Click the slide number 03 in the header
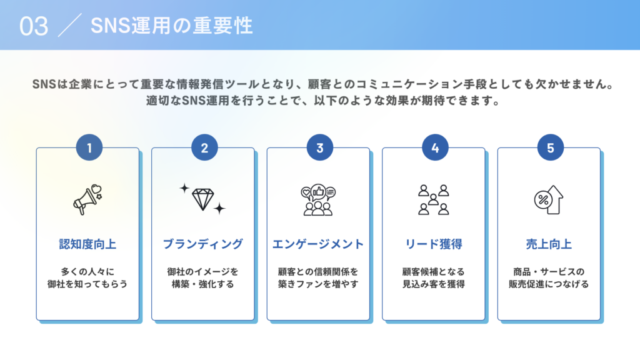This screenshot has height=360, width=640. pyautogui.click(x=34, y=26)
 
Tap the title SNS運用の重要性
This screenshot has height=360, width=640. pyautogui.click(x=172, y=26)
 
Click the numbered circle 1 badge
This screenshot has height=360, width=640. pyautogui.click(x=89, y=147)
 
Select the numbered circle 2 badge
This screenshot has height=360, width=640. pyautogui.click(x=204, y=147)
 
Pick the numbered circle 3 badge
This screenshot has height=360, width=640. pyautogui.click(x=320, y=147)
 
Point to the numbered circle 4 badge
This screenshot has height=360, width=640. pyautogui.click(x=435, y=147)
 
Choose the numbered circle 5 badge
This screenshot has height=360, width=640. pyautogui.click(x=551, y=147)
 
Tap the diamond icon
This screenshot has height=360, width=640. pyautogui.click(x=202, y=199)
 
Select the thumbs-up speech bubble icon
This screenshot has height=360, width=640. pyautogui.click(x=318, y=199)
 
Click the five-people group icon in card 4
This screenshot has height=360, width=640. pyautogui.click(x=434, y=199)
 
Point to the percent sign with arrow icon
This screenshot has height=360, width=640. pyautogui.click(x=549, y=199)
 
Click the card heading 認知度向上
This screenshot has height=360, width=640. pyautogui.click(x=87, y=244)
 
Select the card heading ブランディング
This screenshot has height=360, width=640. pyautogui.click(x=203, y=244)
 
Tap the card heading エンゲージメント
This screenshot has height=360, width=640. pyautogui.click(x=318, y=244)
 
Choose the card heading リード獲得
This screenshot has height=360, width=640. pyautogui.click(x=434, y=244)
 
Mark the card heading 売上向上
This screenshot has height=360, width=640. pyautogui.click(x=549, y=244)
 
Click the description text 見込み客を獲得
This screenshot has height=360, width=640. pyautogui.click(x=434, y=284)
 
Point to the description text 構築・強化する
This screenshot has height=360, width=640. pyautogui.click(x=203, y=284)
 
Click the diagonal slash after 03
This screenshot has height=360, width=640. pyautogui.click(x=70, y=25)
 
